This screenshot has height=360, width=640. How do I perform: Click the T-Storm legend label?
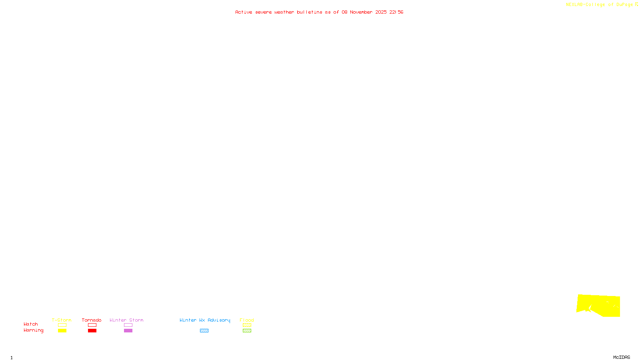(x=62, y=320)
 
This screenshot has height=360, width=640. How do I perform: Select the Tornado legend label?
(x=92, y=320)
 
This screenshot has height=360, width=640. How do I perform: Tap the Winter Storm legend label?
(x=126, y=320)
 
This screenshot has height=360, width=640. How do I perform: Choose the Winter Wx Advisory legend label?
(x=205, y=320)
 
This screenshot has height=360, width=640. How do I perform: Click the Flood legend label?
(x=247, y=320)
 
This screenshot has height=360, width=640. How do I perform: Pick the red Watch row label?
(x=31, y=324)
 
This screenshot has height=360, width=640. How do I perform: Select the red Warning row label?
(x=33, y=330)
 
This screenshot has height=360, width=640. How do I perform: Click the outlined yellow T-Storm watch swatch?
(x=62, y=325)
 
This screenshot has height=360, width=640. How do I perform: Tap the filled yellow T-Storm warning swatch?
(x=62, y=331)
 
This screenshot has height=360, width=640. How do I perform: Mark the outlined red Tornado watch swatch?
(x=92, y=325)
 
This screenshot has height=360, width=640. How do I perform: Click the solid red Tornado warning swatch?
(x=92, y=331)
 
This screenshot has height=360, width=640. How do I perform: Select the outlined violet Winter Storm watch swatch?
(x=128, y=325)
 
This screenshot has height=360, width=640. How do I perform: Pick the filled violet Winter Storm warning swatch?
(x=128, y=331)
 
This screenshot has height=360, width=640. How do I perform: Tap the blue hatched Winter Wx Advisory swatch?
(x=204, y=331)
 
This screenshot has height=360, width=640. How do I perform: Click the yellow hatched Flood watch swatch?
(x=247, y=325)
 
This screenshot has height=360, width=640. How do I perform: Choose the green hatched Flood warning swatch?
(x=247, y=331)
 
